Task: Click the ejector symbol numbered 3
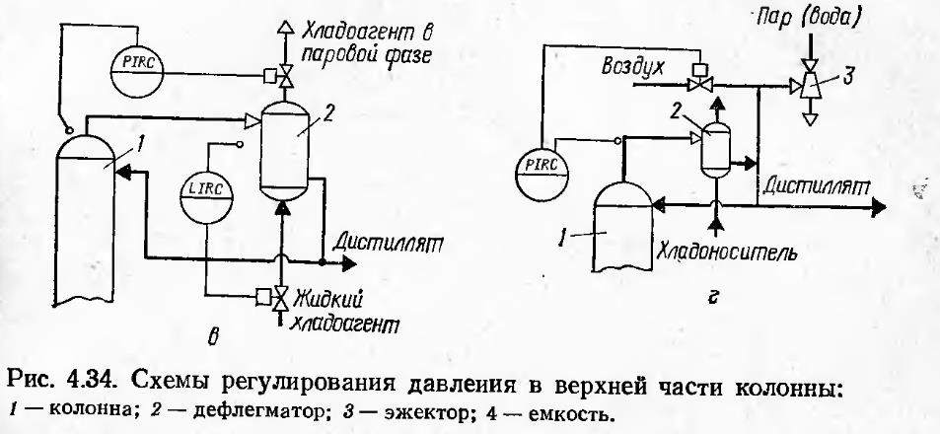click(x=812, y=89)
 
